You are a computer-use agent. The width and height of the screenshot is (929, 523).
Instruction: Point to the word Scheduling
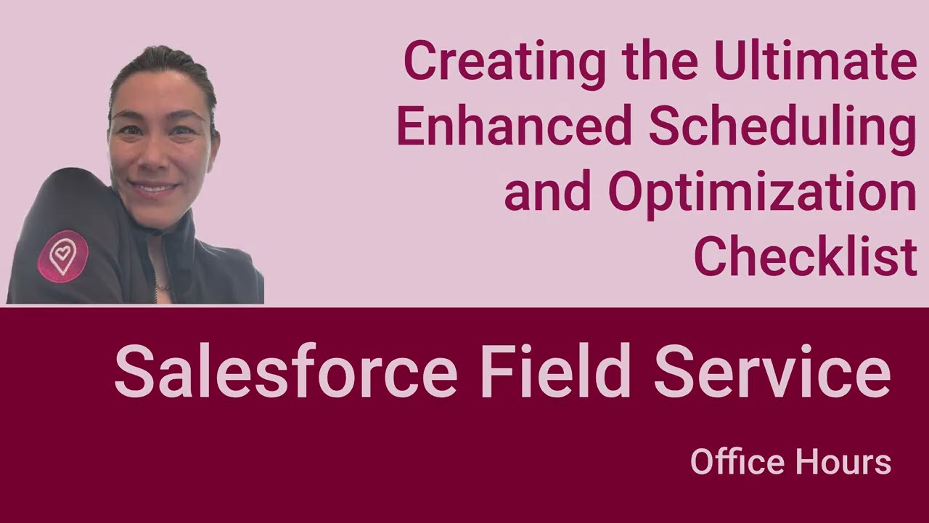pyautogui.click(x=782, y=128)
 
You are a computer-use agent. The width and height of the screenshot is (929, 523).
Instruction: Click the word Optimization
pyautogui.click(x=762, y=192)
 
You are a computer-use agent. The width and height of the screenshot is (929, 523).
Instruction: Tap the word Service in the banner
pyautogui.click(x=772, y=371)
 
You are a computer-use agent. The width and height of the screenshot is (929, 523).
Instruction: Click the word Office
pyautogui.click(x=737, y=462)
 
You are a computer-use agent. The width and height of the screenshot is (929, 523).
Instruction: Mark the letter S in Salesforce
pyautogui.click(x=133, y=371)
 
